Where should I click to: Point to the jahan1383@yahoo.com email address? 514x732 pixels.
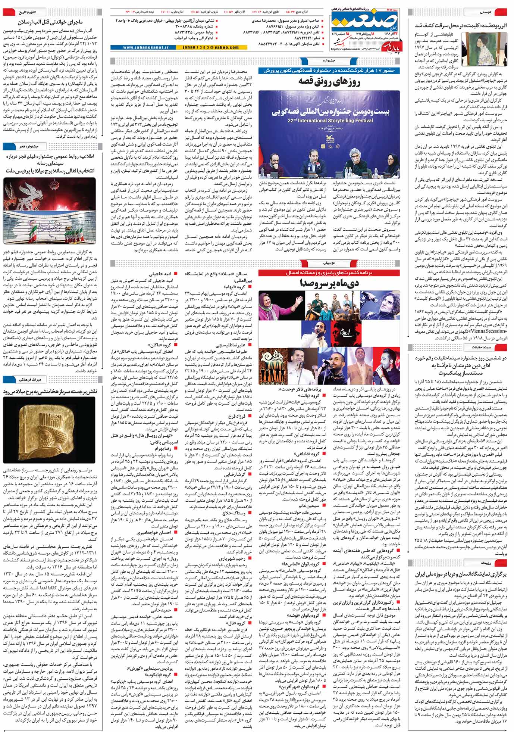point(210,47)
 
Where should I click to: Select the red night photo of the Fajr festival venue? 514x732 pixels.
point(50,210)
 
